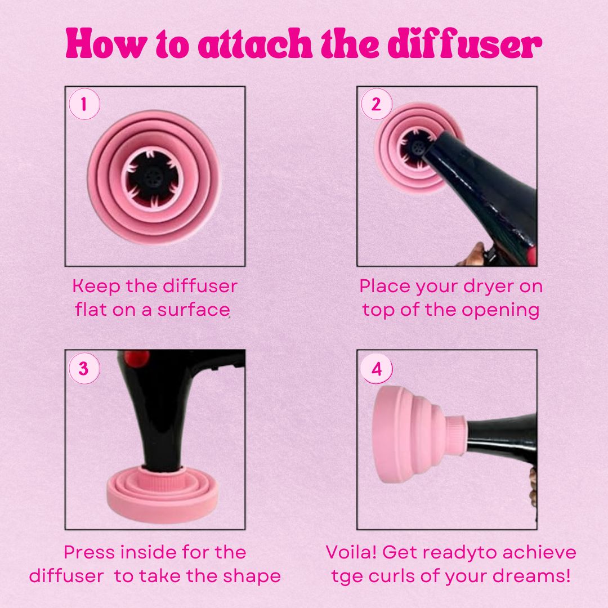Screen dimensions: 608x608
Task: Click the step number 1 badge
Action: coord(84,104)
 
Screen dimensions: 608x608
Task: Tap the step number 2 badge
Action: coord(376,104)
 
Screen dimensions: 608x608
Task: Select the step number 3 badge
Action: coord(84,368)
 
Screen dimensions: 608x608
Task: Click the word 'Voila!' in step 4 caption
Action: coord(351,552)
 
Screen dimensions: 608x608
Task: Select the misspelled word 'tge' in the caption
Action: coord(346,577)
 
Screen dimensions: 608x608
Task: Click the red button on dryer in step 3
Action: coord(136,357)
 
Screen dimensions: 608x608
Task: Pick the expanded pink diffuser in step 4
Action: coord(419,434)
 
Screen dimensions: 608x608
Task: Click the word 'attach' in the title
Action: coord(255,43)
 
